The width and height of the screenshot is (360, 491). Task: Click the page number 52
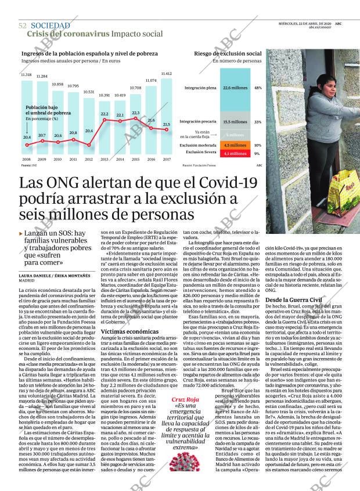pyautogui.click(x=23, y=26)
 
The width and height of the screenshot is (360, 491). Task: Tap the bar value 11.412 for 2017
pyautogui.click(x=166, y=74)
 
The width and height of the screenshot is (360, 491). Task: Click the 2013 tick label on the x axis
pyautogui.click(x=105, y=158)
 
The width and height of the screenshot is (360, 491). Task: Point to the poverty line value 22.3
pyautogui.click(x=136, y=113)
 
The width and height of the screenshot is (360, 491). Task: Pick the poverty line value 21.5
pyautogui.click(x=167, y=124)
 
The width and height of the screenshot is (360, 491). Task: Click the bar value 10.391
pyautogui.click(x=104, y=95)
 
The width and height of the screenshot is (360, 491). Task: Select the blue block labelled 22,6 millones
pyautogui.click(x=235, y=88)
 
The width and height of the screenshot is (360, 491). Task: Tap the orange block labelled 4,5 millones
pyautogui.click(x=235, y=145)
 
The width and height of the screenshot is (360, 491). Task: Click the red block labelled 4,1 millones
pyautogui.click(x=235, y=153)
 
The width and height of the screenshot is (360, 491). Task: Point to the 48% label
pyautogui.click(x=258, y=88)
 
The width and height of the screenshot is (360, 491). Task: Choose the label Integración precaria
pyautogui.click(x=198, y=122)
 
